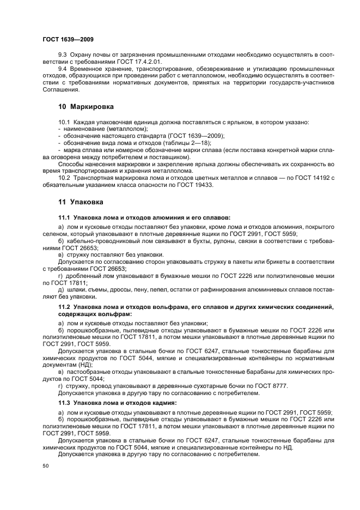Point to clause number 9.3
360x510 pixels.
pos(63,57)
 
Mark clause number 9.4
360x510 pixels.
pos(63,70)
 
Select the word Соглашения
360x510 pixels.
pos(60,89)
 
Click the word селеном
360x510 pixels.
pos(54,234)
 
